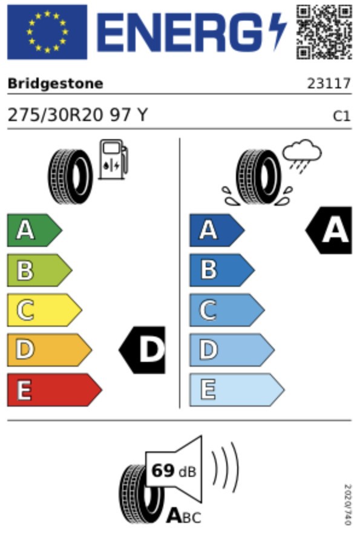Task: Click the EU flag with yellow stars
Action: [x=47, y=32]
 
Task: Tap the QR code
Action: [x=324, y=32]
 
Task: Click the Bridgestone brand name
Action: [x=56, y=84]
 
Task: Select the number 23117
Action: [x=329, y=84]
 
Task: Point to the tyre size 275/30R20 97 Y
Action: [x=77, y=115]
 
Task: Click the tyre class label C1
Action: [x=342, y=116]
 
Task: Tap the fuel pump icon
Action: [x=113, y=159]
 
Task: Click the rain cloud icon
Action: [x=302, y=156]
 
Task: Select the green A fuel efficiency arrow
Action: [x=34, y=230]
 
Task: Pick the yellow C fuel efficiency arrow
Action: [x=44, y=310]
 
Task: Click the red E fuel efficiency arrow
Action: [x=54, y=390]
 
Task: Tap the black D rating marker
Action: [x=142, y=350]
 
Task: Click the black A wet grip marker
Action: [x=329, y=231]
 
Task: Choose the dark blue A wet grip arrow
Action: [x=217, y=230]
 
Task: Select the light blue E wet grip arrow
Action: [x=237, y=390]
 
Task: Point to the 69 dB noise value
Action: [x=174, y=471]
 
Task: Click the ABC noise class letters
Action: [x=183, y=517]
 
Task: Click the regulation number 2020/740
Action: [x=348, y=505]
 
